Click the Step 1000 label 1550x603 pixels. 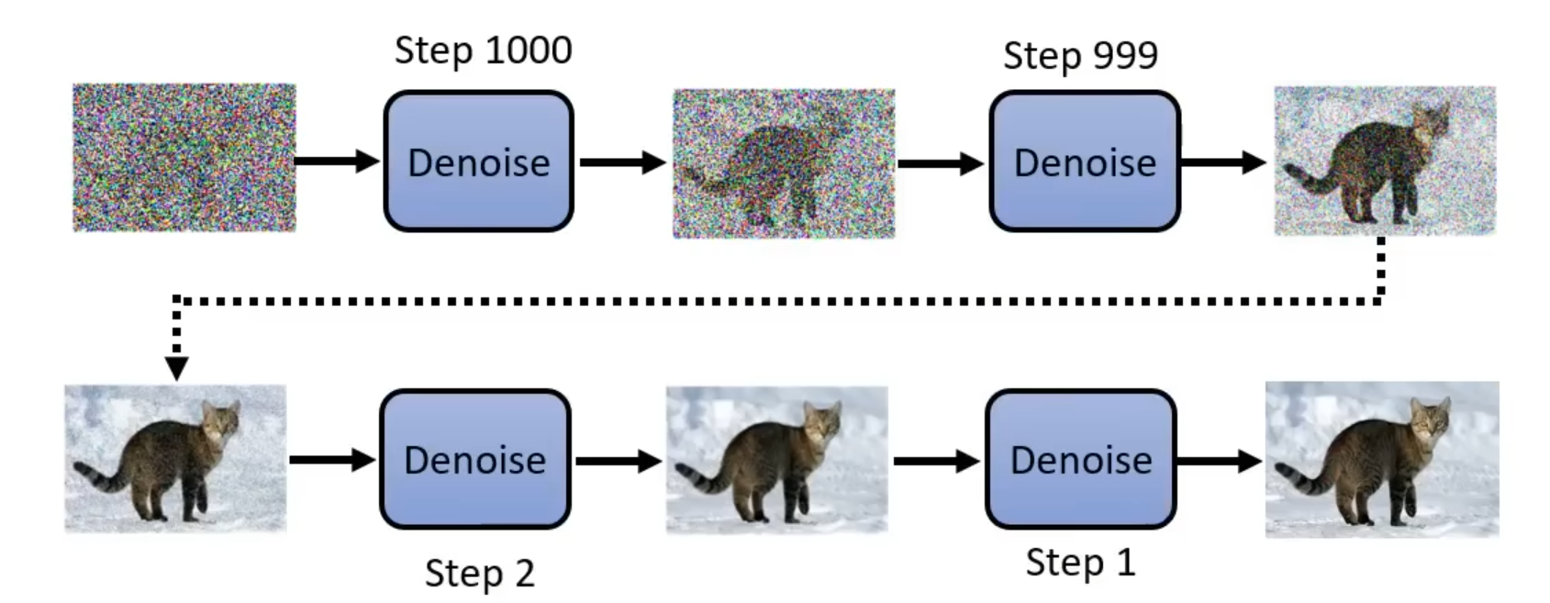[x=483, y=50]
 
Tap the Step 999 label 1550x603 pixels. [x=1080, y=55]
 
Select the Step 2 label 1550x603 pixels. [x=479, y=574]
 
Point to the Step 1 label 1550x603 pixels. [x=1080, y=562]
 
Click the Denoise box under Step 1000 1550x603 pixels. [x=478, y=162]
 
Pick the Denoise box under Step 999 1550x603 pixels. [x=1084, y=162]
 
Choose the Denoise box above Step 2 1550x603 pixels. [x=474, y=459]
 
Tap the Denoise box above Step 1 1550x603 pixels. [x=1080, y=459]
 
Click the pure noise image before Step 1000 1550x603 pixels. [x=184, y=157]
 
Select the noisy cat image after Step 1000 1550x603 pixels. [x=784, y=163]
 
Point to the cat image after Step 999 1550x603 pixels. [x=1384, y=161]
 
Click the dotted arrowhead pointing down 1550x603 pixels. [x=176, y=368]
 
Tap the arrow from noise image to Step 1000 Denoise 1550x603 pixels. [x=336, y=162]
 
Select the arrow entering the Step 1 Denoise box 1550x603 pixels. [x=936, y=461]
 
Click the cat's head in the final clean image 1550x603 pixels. [x=1428, y=419]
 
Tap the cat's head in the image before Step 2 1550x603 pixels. [x=220, y=423]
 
